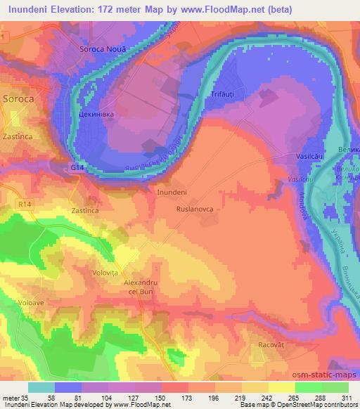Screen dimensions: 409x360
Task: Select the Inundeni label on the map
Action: tap(172, 191)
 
